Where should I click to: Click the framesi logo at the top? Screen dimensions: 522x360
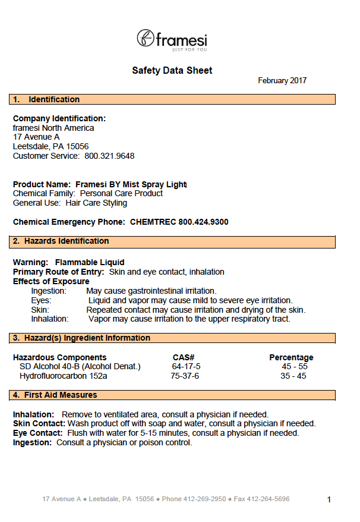coord(172,40)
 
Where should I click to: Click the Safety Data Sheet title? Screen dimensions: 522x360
coord(172,70)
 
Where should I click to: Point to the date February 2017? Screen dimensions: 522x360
coord(282,81)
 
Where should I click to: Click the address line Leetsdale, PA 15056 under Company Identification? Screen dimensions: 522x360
coord(50,146)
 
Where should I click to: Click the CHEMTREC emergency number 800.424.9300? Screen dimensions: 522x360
coord(203,222)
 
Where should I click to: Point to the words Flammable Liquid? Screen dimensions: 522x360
coord(90,262)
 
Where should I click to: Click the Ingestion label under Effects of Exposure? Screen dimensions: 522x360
coord(49,291)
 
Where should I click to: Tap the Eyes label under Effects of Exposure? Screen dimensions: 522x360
coord(41,300)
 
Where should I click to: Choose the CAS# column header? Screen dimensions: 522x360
coord(184,357)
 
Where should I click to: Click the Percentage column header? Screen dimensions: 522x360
coord(291,357)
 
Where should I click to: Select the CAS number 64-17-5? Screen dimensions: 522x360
coord(186,366)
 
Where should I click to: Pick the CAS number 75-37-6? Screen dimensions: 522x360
coord(185,376)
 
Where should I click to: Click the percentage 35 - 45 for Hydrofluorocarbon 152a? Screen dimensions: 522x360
coord(293,376)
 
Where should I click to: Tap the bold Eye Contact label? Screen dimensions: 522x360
coord(38,433)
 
